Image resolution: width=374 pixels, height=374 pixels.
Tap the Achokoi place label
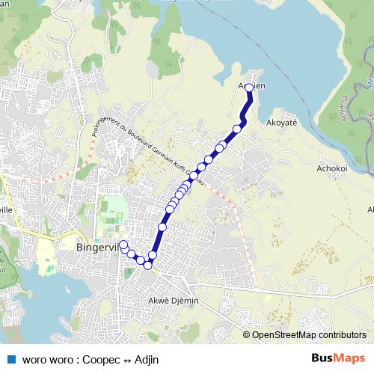[332, 168]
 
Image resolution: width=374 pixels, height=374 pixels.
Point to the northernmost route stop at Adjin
[249, 87]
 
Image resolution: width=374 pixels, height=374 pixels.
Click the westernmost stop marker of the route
[123, 245]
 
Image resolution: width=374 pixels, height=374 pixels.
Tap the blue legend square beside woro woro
[11, 358]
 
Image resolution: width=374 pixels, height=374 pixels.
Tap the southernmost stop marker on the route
[148, 265]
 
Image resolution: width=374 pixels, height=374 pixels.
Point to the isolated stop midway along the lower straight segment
[162, 226]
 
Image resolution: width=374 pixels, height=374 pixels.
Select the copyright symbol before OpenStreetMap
[246, 336]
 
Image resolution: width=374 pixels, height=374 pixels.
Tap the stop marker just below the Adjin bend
[237, 129]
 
